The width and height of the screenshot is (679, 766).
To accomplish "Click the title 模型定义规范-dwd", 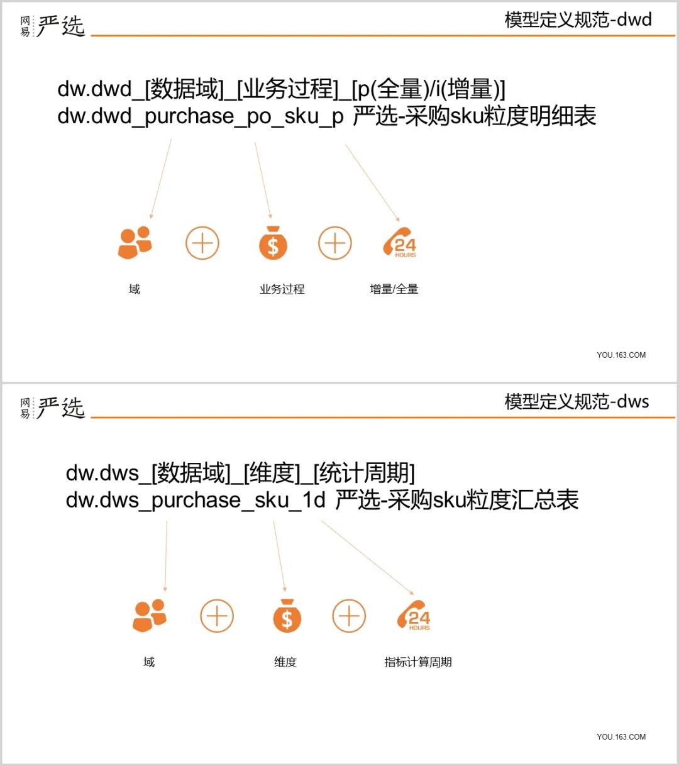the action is tap(578, 19).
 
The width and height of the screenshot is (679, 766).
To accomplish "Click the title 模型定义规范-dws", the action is tap(577, 401).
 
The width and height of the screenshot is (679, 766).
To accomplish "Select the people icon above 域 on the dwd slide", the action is tap(135, 243).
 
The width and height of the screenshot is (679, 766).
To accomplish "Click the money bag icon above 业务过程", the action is tap(273, 243).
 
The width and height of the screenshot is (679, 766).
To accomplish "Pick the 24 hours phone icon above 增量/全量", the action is tap(400, 243).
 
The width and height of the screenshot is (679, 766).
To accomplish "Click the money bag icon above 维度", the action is tap(287, 616).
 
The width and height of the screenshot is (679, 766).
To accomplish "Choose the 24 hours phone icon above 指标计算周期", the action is tap(414, 616).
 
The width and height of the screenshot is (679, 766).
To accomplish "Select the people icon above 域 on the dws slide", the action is tap(150, 616).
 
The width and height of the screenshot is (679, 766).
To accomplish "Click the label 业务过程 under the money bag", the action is tap(282, 289).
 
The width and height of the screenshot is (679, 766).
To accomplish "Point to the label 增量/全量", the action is tap(394, 289).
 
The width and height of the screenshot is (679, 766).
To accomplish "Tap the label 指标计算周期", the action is tap(417, 662).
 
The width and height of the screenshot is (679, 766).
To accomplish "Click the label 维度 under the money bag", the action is tap(285, 662).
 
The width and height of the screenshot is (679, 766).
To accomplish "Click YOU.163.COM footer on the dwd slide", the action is tap(621, 355).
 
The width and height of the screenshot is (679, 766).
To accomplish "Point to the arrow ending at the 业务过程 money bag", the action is tap(263, 180).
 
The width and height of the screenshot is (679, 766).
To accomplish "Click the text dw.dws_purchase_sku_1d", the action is tap(196, 501).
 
